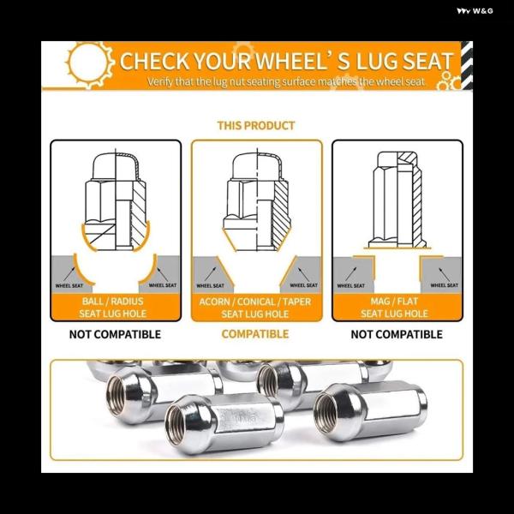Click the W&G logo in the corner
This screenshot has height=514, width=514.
(475, 11)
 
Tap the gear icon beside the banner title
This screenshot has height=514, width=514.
(89, 64)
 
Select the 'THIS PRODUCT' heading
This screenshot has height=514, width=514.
(256, 126)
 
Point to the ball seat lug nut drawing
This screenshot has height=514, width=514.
(116, 200)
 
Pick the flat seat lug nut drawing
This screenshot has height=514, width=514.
(397, 200)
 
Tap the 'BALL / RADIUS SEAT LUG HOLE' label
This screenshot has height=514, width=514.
(113, 308)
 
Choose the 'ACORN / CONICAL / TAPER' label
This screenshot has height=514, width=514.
(254, 302)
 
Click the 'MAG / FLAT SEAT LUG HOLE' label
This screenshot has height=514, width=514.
(395, 308)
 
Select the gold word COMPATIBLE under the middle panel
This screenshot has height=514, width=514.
(255, 334)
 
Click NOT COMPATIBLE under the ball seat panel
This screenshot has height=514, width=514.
(115, 334)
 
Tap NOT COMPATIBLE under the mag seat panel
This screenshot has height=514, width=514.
(397, 334)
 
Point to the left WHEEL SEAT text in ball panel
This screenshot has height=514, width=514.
(69, 286)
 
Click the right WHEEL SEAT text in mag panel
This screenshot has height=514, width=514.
(444, 285)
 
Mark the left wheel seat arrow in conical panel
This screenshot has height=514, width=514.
(211, 274)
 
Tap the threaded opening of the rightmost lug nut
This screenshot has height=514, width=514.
(326, 414)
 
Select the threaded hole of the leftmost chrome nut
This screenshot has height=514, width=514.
(116, 396)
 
